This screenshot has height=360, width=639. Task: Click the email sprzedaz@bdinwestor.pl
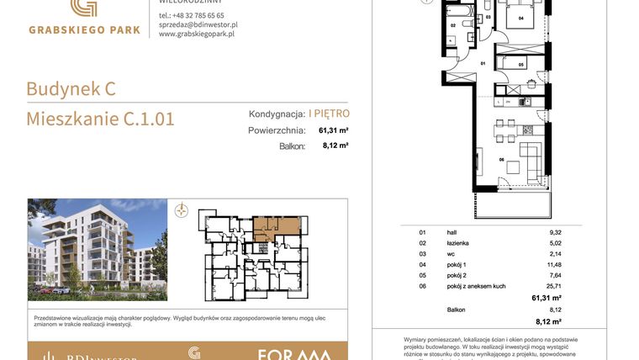coord(198,25)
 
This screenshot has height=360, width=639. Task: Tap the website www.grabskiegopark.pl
coord(196,34)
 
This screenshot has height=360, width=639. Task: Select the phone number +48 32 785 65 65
coord(191,15)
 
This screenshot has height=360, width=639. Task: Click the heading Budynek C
coord(71,88)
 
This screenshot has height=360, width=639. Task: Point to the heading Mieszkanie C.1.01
coord(100,119)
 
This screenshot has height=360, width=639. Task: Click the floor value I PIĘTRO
coord(329,114)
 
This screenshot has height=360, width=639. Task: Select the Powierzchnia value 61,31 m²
coord(333,130)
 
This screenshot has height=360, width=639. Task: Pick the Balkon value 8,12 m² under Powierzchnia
coord(335,146)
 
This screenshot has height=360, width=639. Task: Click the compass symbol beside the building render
coord(181,211)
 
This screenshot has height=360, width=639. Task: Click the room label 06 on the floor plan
coord(501,160)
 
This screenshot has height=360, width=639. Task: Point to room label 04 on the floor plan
coord(520,18)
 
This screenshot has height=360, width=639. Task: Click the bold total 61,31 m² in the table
coord(546,298)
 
